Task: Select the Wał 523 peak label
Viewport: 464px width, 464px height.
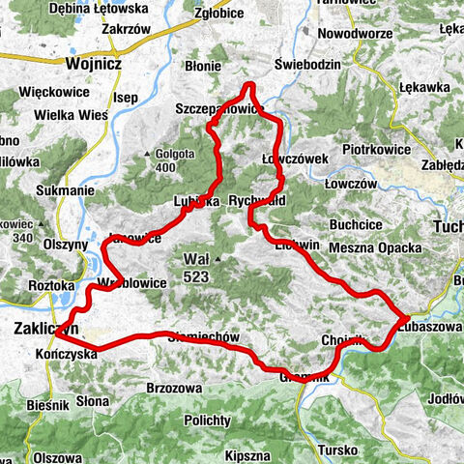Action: click(x=199, y=267)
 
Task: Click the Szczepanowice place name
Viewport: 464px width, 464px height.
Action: click(x=217, y=109)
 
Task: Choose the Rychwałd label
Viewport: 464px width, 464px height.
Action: click(x=283, y=202)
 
